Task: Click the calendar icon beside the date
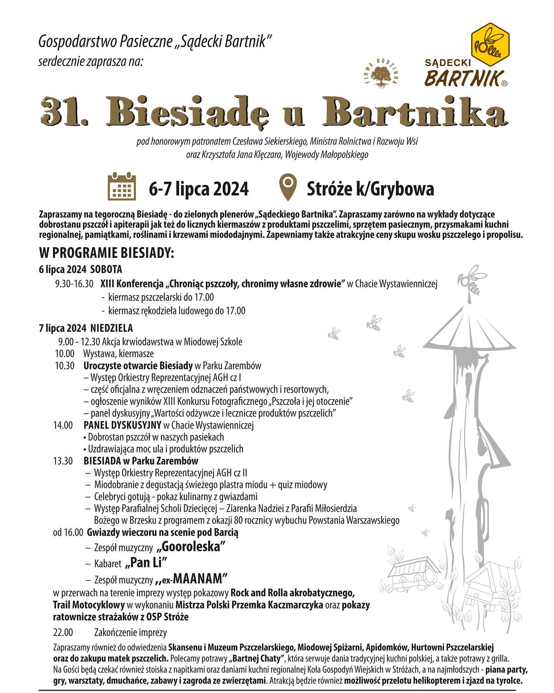pos(121,188)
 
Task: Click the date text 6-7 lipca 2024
pos(198,189)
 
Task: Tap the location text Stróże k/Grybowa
pos(370,189)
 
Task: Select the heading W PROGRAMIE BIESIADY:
pos(107,254)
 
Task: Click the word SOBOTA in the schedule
pos(106,269)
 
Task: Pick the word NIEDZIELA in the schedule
pos(112,328)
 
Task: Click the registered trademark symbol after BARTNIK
pos(505,83)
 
